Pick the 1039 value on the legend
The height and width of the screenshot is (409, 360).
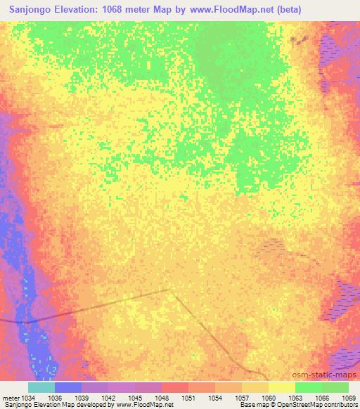pyautogui.click(x=82, y=398)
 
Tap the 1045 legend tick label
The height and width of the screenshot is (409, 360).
pyautogui.click(x=135, y=398)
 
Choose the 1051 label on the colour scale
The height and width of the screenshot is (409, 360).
pyautogui.click(x=188, y=398)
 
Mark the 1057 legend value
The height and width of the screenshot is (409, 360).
pyautogui.click(x=242, y=398)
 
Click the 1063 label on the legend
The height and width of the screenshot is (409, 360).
pyautogui.click(x=295, y=398)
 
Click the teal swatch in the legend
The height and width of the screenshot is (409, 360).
pyautogui.click(x=41, y=387)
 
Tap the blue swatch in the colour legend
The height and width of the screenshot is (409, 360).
pyautogui.click(x=68, y=387)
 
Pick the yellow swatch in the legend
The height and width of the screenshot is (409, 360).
pyautogui.click(x=282, y=387)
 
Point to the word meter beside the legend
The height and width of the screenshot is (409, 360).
pyautogui.click(x=9, y=398)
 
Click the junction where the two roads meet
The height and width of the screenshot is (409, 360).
pyautogui.click(x=169, y=289)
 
